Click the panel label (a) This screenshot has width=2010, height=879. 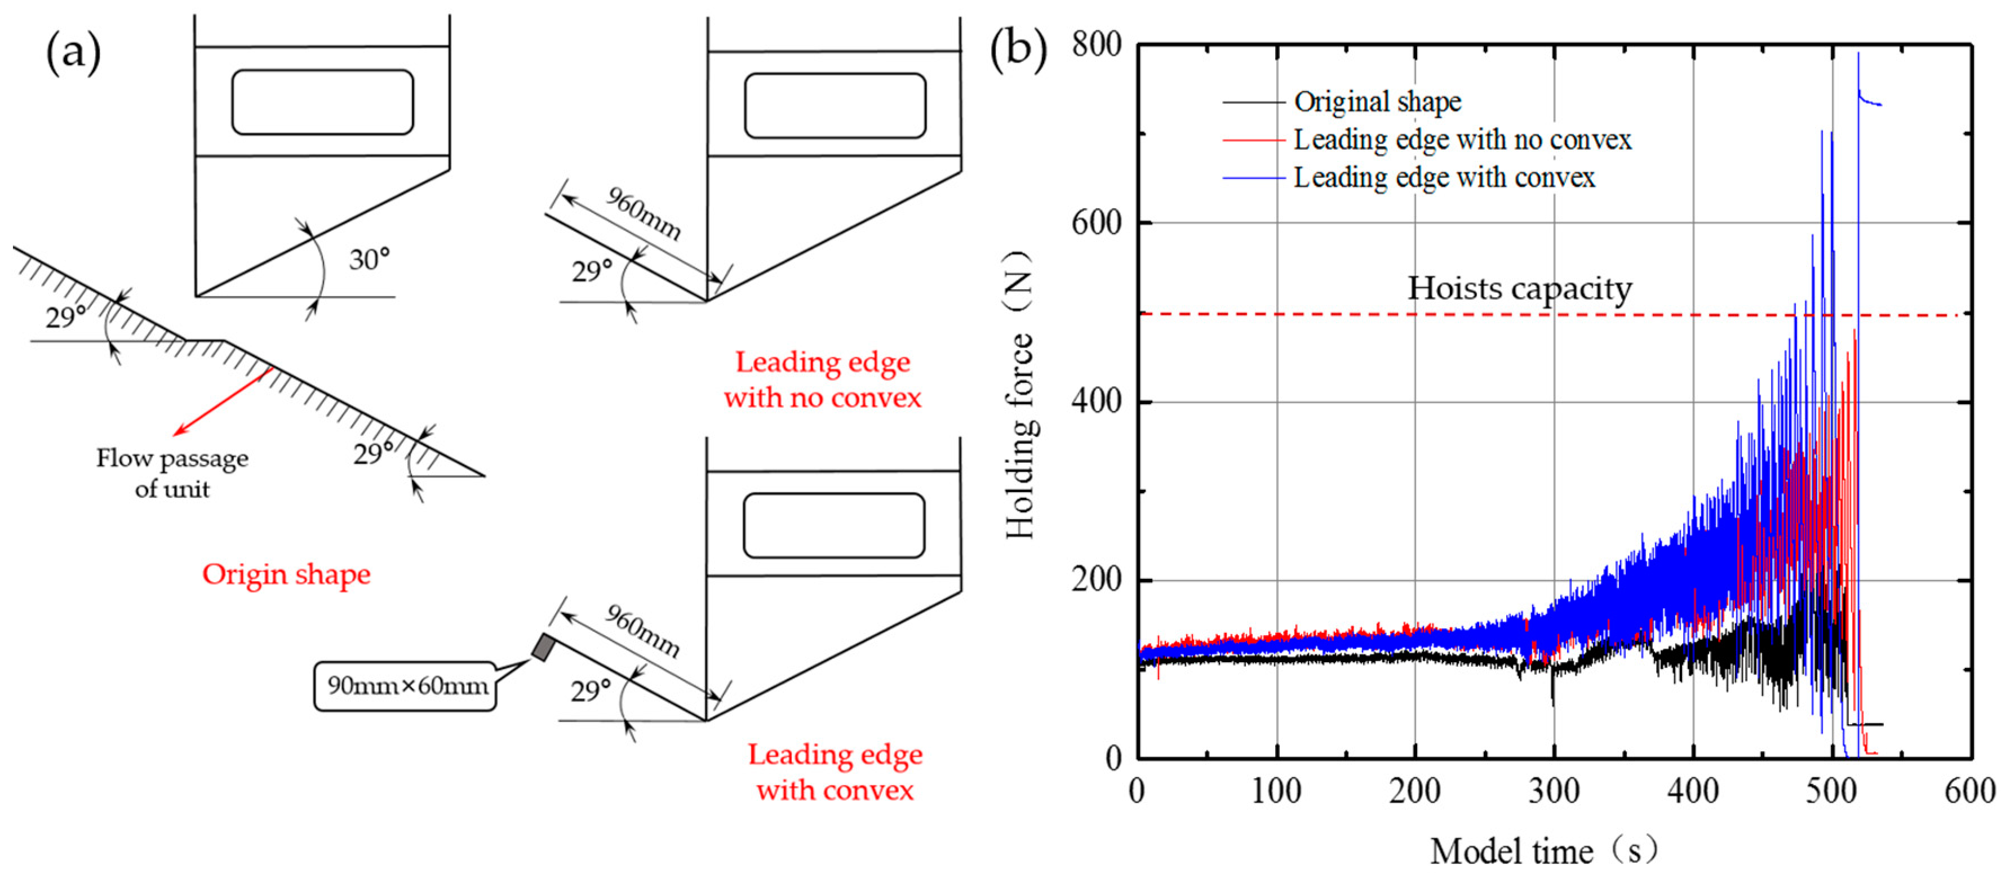point(73,54)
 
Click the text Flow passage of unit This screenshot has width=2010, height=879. point(172,472)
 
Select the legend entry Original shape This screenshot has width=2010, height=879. point(1377,101)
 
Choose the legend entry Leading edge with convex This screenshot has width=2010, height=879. point(1444,178)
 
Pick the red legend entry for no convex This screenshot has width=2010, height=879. point(1462,140)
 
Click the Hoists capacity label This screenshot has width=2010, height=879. point(1519,288)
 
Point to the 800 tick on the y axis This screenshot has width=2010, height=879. point(1097,44)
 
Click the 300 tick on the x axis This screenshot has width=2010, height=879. point(1553,790)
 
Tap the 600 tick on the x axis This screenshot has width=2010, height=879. point(1969,790)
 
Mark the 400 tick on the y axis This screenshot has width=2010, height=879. point(1097,401)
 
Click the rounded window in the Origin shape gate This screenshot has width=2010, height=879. point(322,102)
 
